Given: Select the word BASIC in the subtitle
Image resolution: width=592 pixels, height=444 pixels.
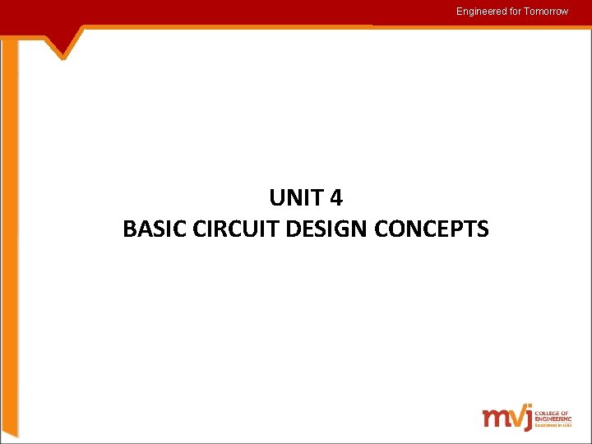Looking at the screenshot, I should point(148,229).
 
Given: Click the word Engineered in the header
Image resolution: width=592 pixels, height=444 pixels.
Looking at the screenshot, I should point(480,12).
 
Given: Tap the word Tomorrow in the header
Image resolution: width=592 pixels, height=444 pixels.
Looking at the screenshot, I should point(545,12).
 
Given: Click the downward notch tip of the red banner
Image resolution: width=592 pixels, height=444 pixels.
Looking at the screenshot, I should point(64,58).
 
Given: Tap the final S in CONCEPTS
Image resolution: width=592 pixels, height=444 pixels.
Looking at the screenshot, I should point(482,229).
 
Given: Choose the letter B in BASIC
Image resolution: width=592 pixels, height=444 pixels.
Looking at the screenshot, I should point(129,229).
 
